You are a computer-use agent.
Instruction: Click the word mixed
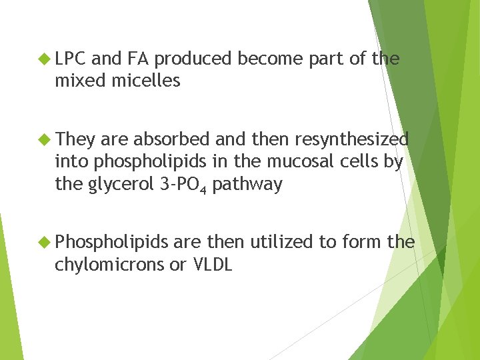[75, 81]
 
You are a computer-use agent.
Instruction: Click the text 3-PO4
[184, 184]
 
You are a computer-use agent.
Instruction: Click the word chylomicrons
[108, 264]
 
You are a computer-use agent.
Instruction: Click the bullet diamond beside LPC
[45, 59]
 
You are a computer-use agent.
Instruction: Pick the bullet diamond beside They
[45, 139]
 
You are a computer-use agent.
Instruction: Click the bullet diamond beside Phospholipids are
[45, 242]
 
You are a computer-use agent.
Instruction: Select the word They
[75, 139]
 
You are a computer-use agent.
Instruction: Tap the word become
[271, 59]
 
